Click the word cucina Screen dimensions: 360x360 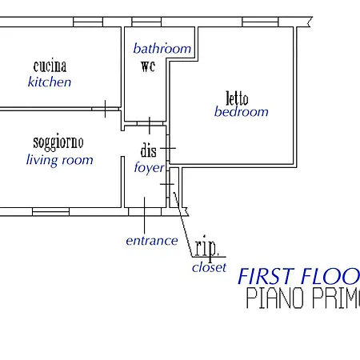[x=50, y=66]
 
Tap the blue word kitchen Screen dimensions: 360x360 [x=50, y=82]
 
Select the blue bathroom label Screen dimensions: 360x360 [x=162, y=49]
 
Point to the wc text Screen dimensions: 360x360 [x=148, y=66]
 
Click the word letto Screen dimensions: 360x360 [x=237, y=98]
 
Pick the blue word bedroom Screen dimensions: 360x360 [x=242, y=111]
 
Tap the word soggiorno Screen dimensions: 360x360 [x=58, y=142]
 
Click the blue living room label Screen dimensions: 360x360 [x=60, y=160]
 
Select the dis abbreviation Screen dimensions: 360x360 [x=149, y=150]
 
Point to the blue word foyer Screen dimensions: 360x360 [x=150, y=167]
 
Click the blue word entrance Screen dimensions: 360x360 [x=152, y=241]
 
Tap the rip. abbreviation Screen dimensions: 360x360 [x=206, y=248]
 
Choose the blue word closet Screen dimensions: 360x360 [x=209, y=267]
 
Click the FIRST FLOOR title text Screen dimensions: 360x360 [x=298, y=276]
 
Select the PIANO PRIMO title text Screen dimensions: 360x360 [x=303, y=298]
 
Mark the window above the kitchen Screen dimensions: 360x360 [x=88, y=22]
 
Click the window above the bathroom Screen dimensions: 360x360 [x=146, y=22]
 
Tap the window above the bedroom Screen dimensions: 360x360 [x=260, y=22]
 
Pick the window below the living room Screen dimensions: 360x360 [x=50, y=212]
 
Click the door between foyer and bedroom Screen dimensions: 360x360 [x=168, y=148]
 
